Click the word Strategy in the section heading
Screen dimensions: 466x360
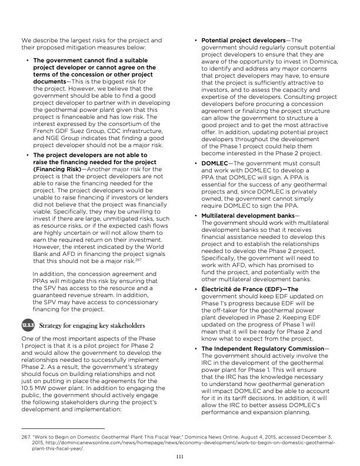click(53, 325)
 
